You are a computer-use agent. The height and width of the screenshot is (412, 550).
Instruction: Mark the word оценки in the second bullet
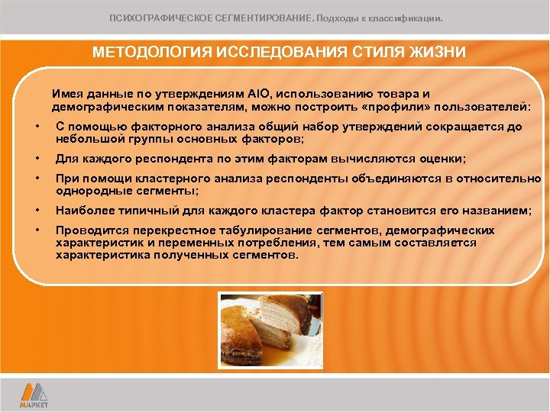click(x=446, y=159)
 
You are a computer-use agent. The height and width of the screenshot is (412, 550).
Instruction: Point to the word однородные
click(x=89, y=190)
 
